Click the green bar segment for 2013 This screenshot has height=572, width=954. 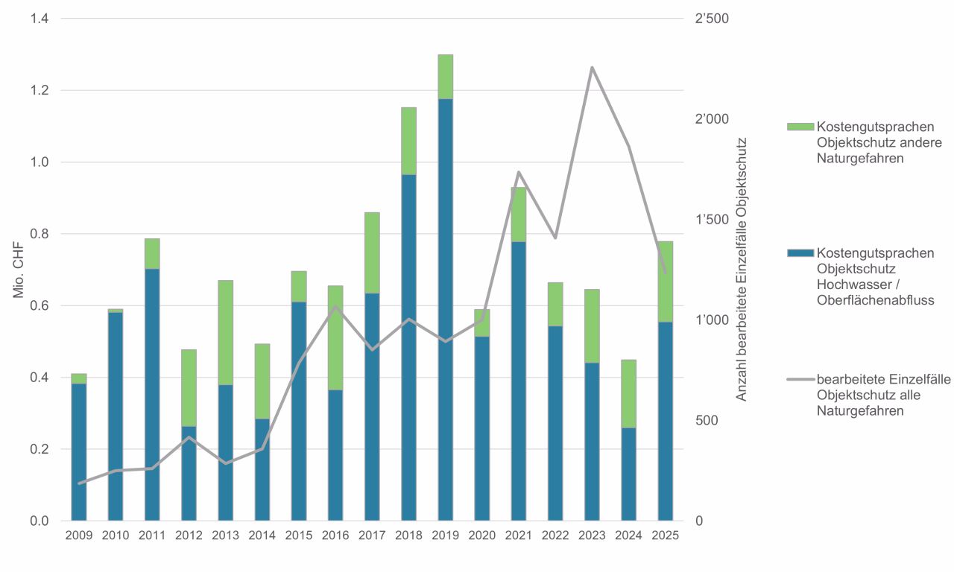[x=226, y=332]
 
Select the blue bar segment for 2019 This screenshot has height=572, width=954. [x=446, y=309]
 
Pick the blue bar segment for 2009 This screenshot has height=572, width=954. [x=79, y=451]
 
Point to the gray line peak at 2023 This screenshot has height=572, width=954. [x=592, y=68]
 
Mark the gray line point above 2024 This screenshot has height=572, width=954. [x=629, y=146]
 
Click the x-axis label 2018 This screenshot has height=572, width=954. [x=408, y=536]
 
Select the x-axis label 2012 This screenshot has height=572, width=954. [x=189, y=536]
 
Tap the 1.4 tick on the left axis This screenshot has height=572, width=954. [x=40, y=19]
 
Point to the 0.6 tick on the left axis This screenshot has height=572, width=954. [x=40, y=306]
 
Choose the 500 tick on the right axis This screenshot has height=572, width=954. [x=706, y=421]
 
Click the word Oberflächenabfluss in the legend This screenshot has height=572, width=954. [x=875, y=299]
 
